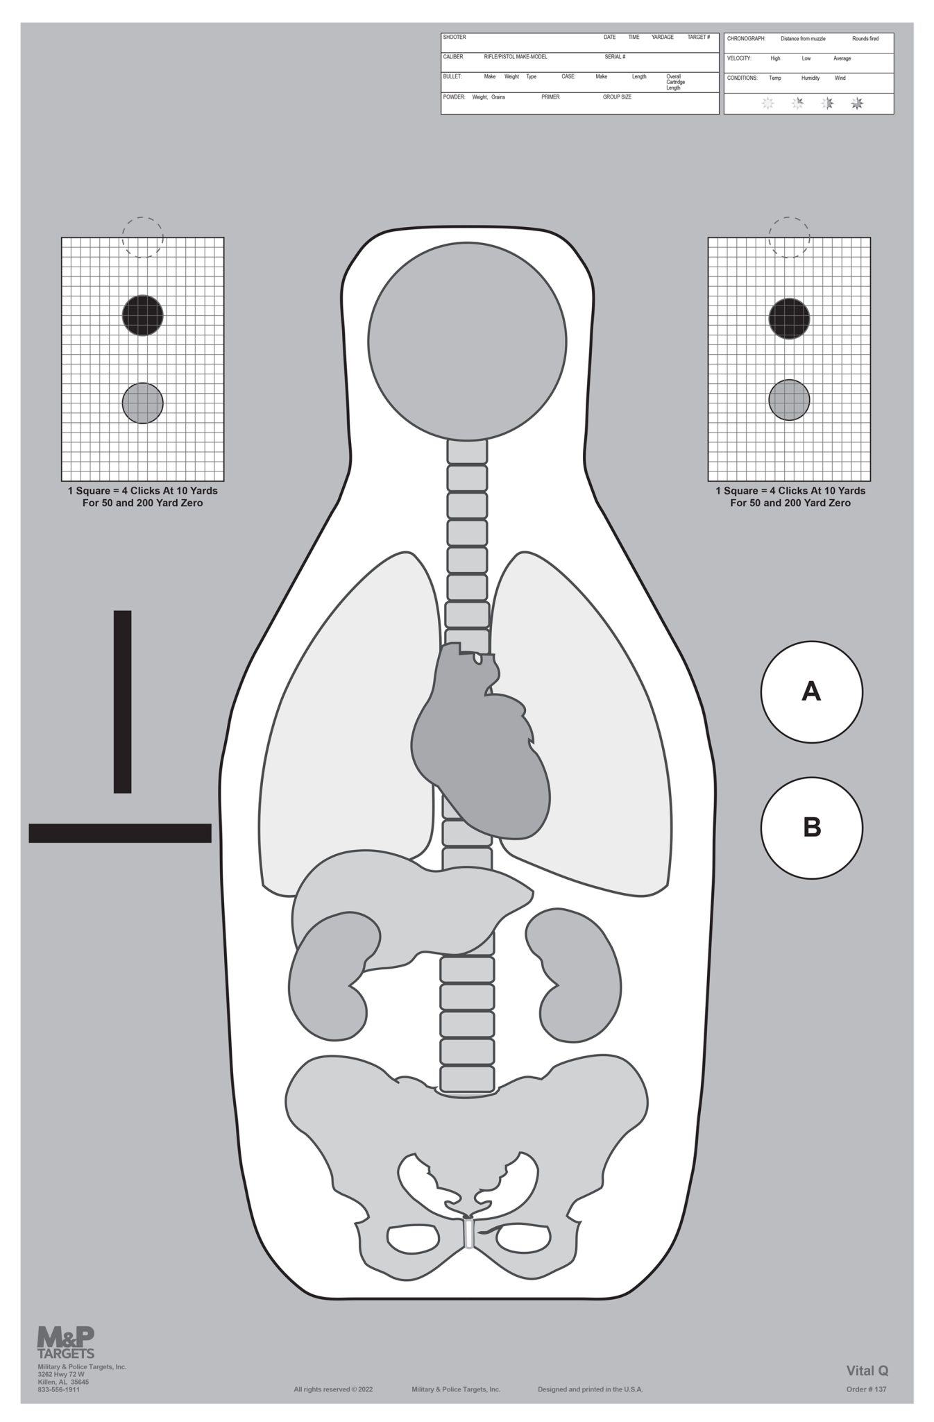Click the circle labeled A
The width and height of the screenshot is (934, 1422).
(x=811, y=692)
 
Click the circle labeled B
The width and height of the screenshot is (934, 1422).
(x=811, y=828)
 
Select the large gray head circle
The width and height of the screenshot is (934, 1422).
(x=467, y=341)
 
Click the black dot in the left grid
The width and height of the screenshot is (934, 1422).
(x=142, y=315)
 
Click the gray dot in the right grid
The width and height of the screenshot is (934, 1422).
(x=789, y=400)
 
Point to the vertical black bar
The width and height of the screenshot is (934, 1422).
(x=122, y=701)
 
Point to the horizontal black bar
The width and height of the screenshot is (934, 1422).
(x=119, y=833)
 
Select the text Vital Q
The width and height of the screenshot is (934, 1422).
(x=867, y=1371)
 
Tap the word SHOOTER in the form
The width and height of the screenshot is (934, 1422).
(x=455, y=37)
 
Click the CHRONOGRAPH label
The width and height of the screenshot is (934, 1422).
(x=746, y=39)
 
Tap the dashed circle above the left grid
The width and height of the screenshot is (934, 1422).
(x=142, y=236)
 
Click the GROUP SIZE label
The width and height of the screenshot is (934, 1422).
(x=617, y=97)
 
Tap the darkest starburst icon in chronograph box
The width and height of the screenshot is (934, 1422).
(x=857, y=103)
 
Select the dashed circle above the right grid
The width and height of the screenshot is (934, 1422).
(x=789, y=236)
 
